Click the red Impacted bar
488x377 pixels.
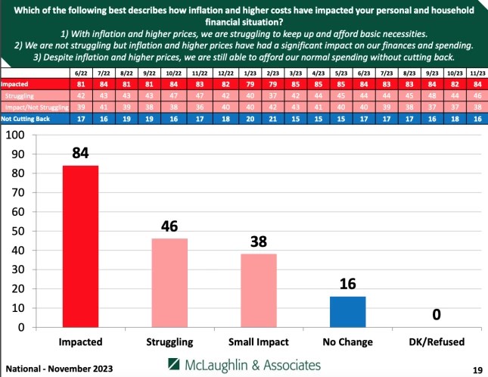pyautogui.click(x=80, y=246)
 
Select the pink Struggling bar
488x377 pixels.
pyautogui.click(x=169, y=282)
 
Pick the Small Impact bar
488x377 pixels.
pyautogui.click(x=260, y=291)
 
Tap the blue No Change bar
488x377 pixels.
pyautogui.click(x=349, y=312)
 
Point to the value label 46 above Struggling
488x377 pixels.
pyautogui.click(x=169, y=227)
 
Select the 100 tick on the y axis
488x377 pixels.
pyautogui.click(x=15, y=135)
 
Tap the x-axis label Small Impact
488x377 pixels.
pyautogui.click(x=260, y=342)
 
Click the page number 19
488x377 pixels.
pyautogui.click(x=477, y=369)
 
